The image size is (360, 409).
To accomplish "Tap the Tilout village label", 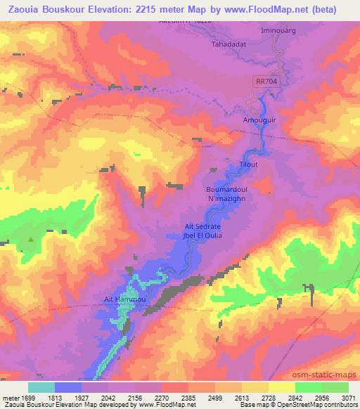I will pyautogui.click(x=250, y=164).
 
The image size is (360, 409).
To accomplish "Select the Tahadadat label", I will pyautogui.click(x=227, y=44).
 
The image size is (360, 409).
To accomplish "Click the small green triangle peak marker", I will pyautogui.click(x=31, y=240).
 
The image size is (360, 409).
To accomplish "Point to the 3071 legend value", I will pyautogui.click(x=349, y=398).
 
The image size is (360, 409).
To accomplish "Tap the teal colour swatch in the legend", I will pyautogui.click(x=41, y=387).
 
